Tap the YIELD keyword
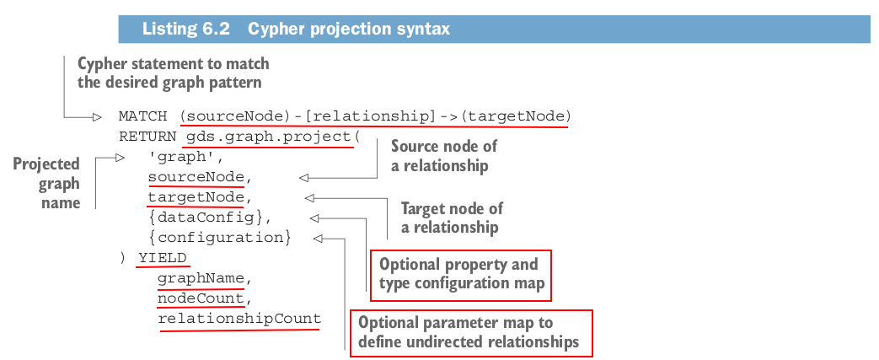[163, 258]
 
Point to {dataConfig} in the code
[208, 218]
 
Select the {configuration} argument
[219, 238]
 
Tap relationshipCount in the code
[239, 319]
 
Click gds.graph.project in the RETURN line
[265, 136]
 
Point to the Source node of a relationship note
[444, 156]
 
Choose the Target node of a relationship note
[451, 218]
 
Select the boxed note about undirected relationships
[470, 333]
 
